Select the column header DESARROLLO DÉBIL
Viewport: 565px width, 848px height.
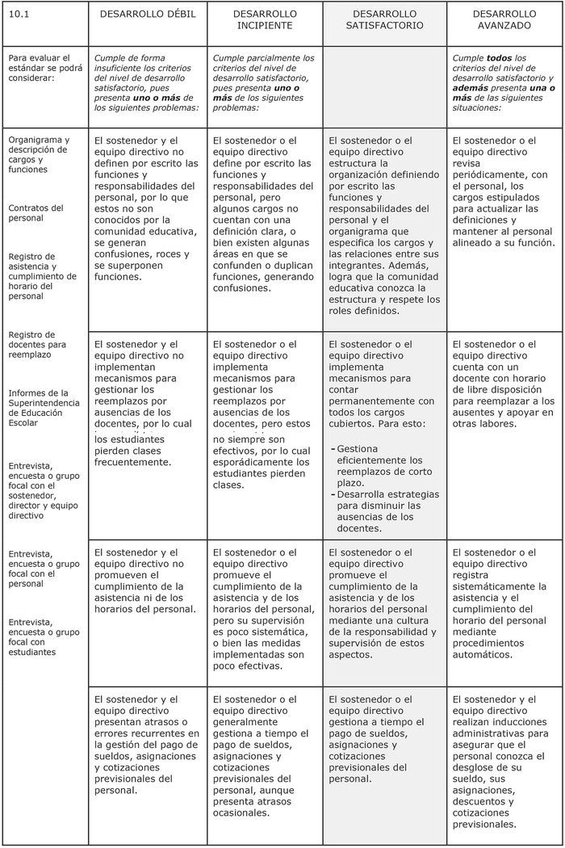(148, 15)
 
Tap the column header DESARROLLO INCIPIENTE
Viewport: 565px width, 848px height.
(265, 20)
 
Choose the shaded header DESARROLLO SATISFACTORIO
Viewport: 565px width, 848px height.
(385, 20)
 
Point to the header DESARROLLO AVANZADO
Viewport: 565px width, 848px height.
(504, 20)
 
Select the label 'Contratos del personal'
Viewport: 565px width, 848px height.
(36, 212)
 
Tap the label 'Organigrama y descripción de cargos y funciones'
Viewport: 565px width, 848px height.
(39, 154)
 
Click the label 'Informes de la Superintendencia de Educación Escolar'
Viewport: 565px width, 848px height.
(44, 407)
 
